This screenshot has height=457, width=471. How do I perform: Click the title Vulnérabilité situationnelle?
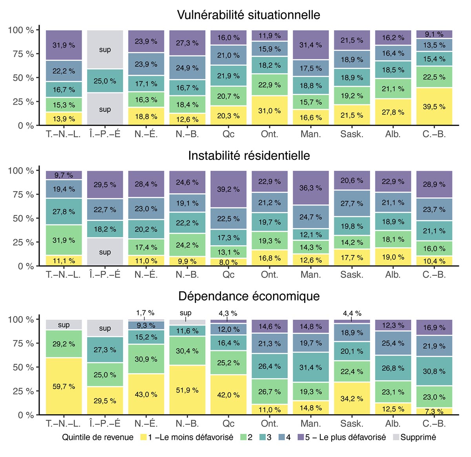(x=248, y=15)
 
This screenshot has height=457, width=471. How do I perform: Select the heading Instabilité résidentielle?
(x=248, y=156)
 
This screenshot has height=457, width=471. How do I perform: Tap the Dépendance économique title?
(x=248, y=296)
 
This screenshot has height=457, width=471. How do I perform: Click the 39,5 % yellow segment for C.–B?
(x=434, y=107)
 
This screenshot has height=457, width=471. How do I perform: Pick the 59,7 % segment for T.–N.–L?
(x=64, y=386)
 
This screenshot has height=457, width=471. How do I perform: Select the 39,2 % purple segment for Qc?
(x=228, y=189)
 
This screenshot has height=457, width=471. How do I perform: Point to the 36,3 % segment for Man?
(x=310, y=188)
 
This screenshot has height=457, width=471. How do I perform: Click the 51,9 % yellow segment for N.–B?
(x=187, y=390)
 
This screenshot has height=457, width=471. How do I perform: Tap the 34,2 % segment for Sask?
(x=352, y=399)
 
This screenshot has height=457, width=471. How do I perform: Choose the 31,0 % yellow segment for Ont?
(x=269, y=111)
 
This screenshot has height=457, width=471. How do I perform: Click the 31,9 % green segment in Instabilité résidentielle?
(x=64, y=240)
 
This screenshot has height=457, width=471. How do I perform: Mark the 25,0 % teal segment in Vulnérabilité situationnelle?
(x=105, y=81)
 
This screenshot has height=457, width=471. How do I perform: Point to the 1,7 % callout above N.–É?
(x=145, y=313)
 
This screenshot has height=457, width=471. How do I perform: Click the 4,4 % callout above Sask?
(x=352, y=313)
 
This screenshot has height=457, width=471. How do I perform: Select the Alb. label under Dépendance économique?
(x=393, y=424)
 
